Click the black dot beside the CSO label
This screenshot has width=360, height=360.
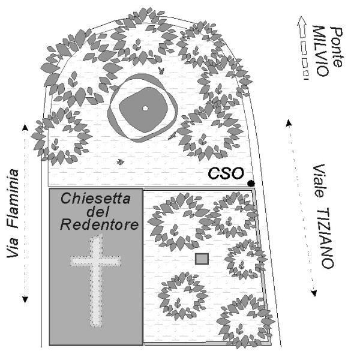pos(251,183)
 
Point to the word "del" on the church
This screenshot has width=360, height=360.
pos(95,212)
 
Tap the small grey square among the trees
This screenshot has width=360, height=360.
pos(202,259)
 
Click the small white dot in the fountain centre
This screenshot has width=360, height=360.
pos(145,108)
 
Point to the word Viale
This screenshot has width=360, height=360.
pos(319,178)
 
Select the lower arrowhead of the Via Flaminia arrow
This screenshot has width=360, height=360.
pos(25,300)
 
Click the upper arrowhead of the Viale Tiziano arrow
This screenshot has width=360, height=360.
pos(289,123)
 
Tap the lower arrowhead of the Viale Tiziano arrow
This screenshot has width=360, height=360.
pos(313,293)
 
